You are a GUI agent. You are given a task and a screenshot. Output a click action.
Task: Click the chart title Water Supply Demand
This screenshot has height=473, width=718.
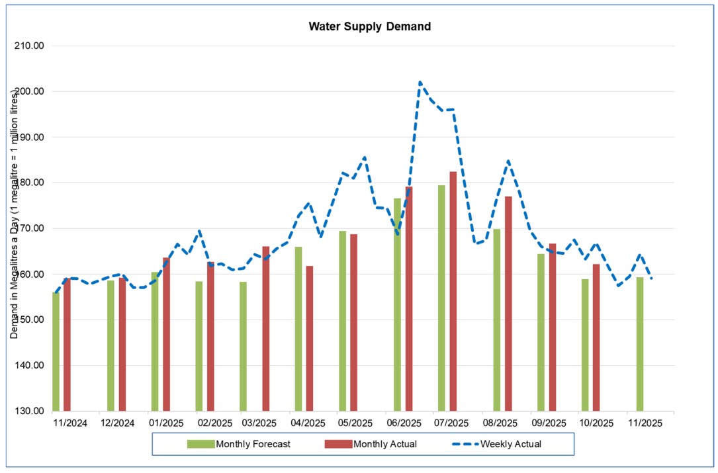point(370,27)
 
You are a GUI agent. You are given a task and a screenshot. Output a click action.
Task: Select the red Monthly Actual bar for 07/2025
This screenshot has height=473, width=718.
point(453,291)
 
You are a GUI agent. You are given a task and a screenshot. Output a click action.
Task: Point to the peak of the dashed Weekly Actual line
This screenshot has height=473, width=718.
point(420,83)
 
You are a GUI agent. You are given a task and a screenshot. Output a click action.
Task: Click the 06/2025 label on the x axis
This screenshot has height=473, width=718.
point(404,423)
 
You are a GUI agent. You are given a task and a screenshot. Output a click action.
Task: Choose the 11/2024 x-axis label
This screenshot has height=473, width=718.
point(71,423)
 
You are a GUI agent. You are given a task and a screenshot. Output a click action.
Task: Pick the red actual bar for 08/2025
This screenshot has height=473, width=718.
point(508,304)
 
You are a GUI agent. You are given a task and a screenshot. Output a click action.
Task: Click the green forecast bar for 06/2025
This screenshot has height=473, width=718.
point(398,304)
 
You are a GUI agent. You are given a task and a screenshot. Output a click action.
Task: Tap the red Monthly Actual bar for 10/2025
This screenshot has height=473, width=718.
point(596,337)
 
